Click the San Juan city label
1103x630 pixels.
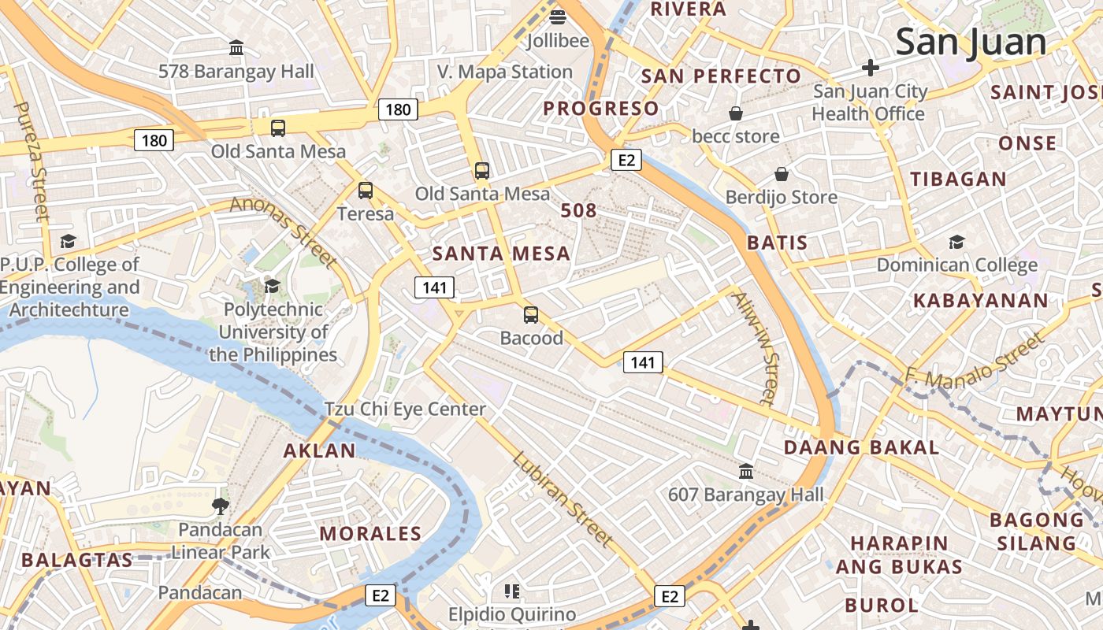tap(971, 42)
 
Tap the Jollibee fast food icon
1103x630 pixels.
tap(558, 16)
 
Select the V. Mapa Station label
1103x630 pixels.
tap(505, 72)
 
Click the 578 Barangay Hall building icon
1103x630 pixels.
tap(236, 48)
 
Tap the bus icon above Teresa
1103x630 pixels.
tap(365, 190)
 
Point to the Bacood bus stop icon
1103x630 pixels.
tap(531, 315)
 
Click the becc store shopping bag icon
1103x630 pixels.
tap(735, 114)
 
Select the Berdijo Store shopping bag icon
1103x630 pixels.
tap(782, 174)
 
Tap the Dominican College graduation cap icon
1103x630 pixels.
tap(956, 242)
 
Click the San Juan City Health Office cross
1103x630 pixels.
tap(870, 68)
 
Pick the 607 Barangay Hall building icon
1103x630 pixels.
tap(745, 472)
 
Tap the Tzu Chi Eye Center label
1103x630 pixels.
tap(406, 409)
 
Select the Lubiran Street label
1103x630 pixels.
tap(562, 499)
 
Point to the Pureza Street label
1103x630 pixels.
tap(32, 161)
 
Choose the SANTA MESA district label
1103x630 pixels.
tap(501, 254)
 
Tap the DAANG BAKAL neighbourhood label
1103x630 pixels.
tap(861, 448)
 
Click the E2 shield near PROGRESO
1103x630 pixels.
tap(626, 161)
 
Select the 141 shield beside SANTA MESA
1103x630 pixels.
tap(435, 287)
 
